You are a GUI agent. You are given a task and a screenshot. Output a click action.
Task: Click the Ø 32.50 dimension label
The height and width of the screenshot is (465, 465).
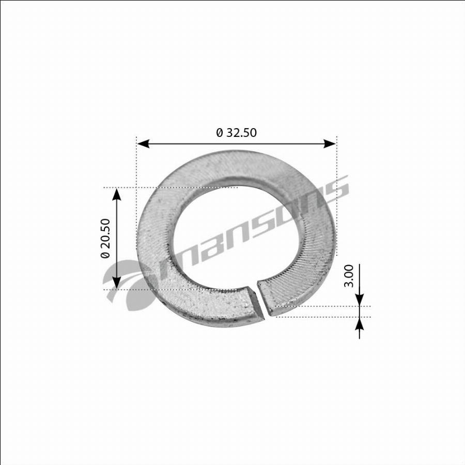coord(236,133)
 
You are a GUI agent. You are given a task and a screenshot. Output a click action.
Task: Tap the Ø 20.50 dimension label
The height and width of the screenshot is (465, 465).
coord(105,238)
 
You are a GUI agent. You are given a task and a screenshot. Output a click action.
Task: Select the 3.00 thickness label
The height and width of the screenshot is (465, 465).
coord(349,276)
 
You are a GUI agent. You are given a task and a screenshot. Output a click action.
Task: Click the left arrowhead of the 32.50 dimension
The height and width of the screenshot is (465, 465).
coord(143,144)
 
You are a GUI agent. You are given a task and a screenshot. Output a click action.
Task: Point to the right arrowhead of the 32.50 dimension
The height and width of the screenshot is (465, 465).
coord(330,144)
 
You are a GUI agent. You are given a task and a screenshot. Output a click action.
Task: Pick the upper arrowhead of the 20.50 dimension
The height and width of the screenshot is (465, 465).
coord(117,195)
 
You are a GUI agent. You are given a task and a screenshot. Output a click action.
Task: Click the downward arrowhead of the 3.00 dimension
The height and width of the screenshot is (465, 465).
coord(360,300)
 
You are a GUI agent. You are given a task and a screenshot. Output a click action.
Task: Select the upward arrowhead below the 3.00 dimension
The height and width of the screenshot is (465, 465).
coord(360,323)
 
